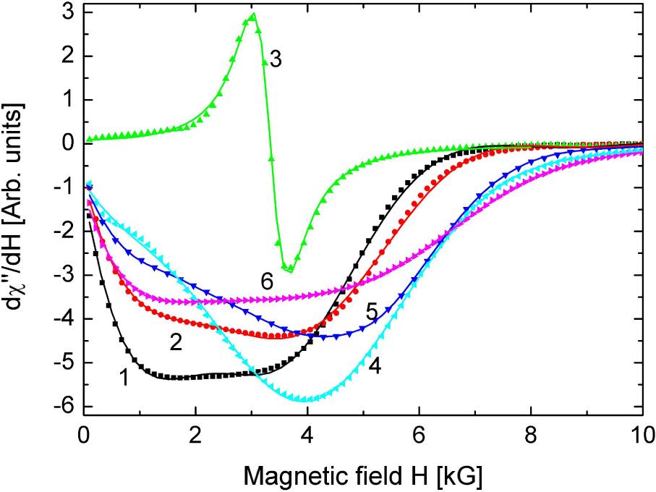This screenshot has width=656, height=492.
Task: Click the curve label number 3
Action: point(274,60)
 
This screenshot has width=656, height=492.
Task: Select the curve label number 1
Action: point(124,376)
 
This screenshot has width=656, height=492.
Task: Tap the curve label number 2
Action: point(176,342)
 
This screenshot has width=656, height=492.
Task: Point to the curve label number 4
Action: point(374,365)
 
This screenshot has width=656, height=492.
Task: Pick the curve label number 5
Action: point(372,313)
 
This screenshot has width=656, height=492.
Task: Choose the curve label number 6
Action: point(267,282)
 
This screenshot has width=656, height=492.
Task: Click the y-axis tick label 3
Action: point(67,12)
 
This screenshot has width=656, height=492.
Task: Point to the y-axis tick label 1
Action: point(67,100)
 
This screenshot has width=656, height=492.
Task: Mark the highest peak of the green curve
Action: point(253,14)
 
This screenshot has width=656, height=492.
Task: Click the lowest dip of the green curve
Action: point(290,270)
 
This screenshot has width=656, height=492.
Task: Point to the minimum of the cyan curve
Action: point(307,399)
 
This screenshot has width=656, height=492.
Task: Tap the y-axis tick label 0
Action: point(67,143)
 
